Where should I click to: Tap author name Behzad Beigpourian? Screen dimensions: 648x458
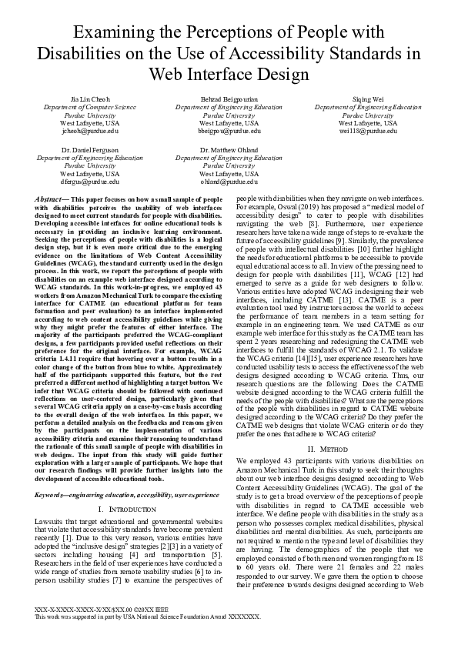click(229, 101)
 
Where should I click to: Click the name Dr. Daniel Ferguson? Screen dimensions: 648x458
click(89, 149)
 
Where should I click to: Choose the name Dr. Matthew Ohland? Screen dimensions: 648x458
click(229, 149)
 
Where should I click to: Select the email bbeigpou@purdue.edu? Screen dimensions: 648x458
click(229, 131)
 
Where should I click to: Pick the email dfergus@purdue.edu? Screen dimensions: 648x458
click(89, 182)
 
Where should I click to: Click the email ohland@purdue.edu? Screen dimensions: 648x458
click(229, 182)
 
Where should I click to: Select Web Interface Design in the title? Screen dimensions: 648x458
click(229, 74)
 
